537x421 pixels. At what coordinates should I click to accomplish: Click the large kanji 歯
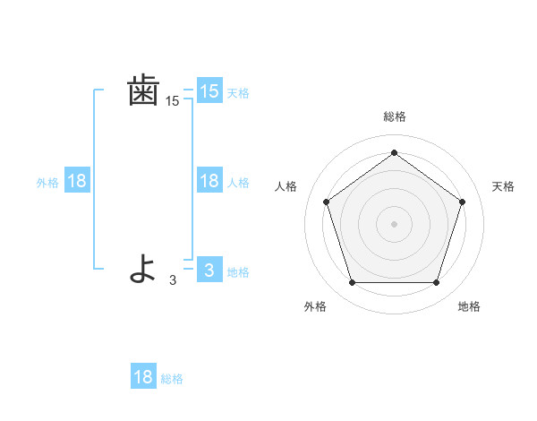click(143, 91)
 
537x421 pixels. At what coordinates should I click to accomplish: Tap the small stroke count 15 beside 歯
click(172, 102)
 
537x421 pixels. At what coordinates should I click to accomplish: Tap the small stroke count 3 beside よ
click(173, 279)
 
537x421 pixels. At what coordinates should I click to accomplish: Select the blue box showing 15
click(209, 90)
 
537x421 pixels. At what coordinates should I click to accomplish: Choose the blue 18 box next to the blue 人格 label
click(209, 181)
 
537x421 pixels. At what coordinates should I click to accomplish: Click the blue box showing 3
click(209, 270)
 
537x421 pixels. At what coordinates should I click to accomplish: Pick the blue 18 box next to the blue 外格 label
click(77, 181)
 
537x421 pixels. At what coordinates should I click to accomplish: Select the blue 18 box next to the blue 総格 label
click(143, 377)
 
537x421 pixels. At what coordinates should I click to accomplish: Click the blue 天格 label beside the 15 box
click(238, 92)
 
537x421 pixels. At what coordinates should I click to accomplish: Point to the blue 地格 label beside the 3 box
click(238, 272)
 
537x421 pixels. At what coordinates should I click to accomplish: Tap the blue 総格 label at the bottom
click(172, 379)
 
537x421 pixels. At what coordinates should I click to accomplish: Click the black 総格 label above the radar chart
click(394, 116)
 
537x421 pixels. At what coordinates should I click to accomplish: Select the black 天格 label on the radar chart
click(503, 186)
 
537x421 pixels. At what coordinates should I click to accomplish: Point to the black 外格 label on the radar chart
click(315, 306)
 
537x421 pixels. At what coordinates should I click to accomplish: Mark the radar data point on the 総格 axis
click(394, 152)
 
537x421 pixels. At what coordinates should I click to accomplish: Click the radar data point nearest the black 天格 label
click(462, 202)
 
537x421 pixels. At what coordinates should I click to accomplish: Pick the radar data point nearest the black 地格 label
click(436, 282)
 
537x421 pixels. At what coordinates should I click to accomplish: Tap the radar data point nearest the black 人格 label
click(326, 202)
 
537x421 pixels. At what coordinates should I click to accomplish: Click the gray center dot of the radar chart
click(394, 223)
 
